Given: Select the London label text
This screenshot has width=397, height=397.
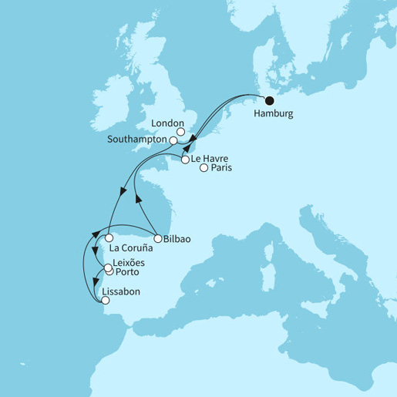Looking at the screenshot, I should click(x=168, y=123).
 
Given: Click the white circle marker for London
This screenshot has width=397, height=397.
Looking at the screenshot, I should click(x=181, y=132).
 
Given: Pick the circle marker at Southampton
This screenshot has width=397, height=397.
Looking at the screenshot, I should click(x=174, y=141).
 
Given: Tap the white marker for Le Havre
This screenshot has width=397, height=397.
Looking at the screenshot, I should click(x=185, y=160).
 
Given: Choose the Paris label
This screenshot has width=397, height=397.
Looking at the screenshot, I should click(x=222, y=169).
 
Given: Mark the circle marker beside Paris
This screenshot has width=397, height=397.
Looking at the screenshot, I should click(x=204, y=169).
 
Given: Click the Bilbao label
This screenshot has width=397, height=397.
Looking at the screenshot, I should click(x=177, y=240).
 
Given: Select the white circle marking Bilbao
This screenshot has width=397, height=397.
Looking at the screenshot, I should click(x=157, y=238).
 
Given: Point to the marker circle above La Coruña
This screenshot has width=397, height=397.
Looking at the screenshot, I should click(x=109, y=238).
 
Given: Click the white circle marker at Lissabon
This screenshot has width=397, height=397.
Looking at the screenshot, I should click(x=106, y=301).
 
